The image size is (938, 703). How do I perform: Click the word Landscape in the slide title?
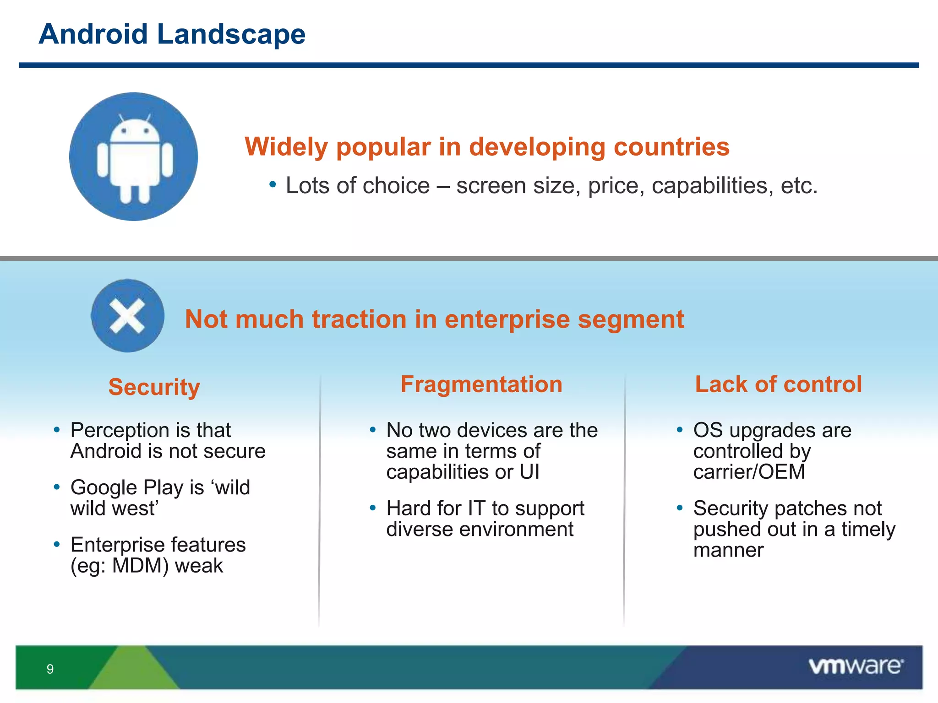(x=231, y=34)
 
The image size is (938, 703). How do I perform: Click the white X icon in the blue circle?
(x=127, y=316)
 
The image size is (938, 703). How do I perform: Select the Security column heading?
(x=154, y=387)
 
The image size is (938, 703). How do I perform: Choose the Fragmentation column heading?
(x=481, y=384)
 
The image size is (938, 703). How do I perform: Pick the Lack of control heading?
(x=778, y=384)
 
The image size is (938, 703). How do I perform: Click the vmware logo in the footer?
(x=856, y=666)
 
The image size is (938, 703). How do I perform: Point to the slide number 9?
(x=50, y=669)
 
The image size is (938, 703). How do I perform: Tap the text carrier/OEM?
(x=749, y=472)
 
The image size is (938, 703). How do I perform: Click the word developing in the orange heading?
(x=537, y=147)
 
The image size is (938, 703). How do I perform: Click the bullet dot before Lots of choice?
(x=273, y=184)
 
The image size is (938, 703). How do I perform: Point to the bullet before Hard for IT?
(x=373, y=507)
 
